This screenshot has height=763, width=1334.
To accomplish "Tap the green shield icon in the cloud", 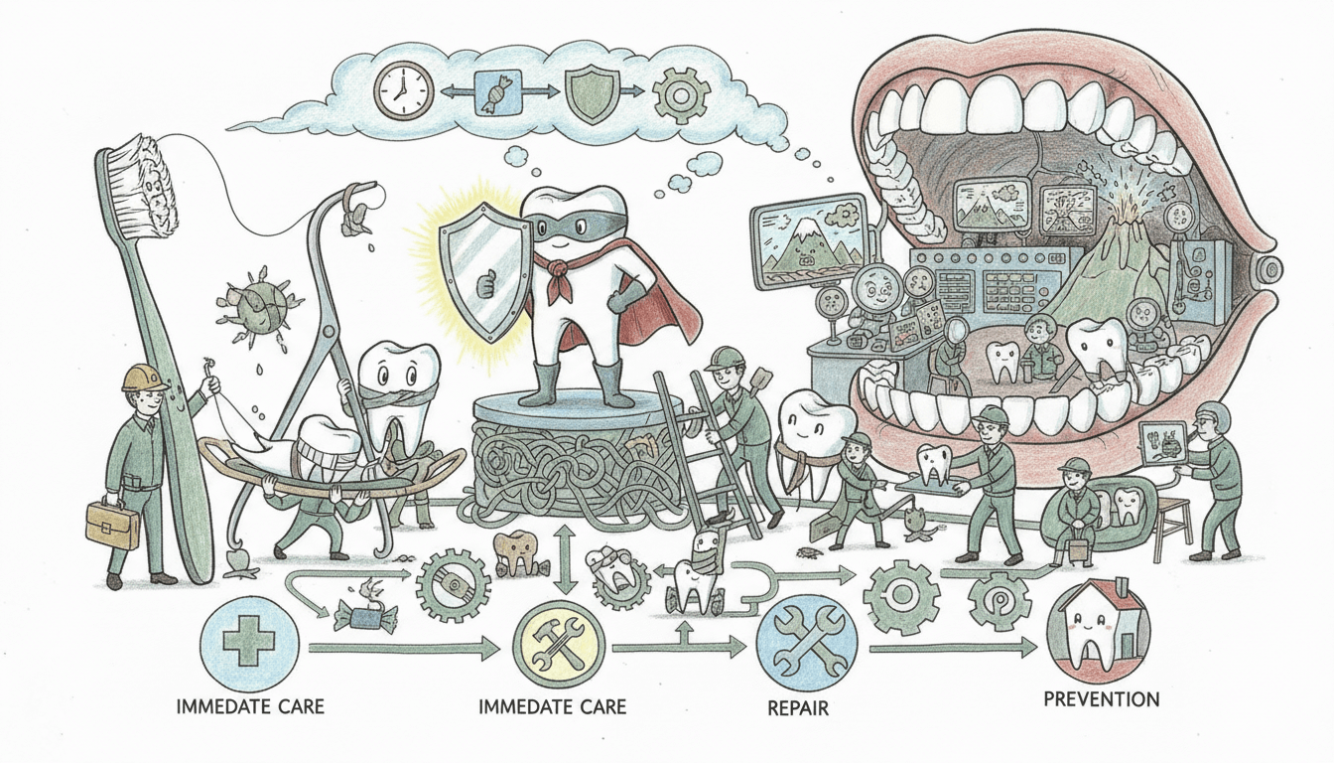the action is tap(590, 95).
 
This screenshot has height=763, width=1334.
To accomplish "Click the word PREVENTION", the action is tap(1101, 699).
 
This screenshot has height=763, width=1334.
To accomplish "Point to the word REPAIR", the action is tap(798, 709).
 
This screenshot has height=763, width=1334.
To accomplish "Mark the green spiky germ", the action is tap(248, 305).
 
